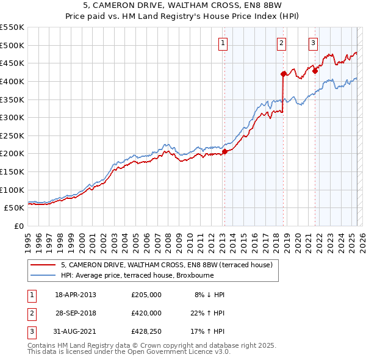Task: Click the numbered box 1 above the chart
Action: (223, 43)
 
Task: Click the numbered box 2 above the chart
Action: (282, 43)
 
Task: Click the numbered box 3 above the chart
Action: (313, 43)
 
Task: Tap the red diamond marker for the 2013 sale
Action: (224, 151)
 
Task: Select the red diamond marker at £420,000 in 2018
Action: (283, 74)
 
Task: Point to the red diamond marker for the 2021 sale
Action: (315, 71)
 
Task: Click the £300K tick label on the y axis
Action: (12, 117)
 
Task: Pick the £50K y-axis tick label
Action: (15, 207)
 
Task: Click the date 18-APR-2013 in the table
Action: (76, 295)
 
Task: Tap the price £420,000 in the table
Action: (146, 312)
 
